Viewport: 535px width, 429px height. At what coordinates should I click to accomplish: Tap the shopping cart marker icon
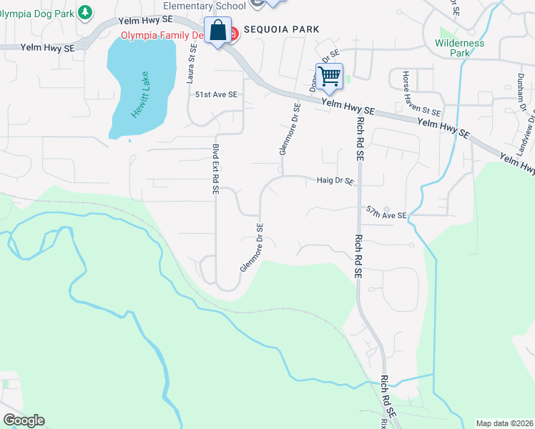pyautogui.click(x=330, y=76)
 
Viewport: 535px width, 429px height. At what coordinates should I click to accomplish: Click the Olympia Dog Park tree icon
pyautogui.click(x=85, y=12)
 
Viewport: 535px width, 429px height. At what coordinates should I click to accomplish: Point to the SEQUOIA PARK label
pyautogui.click(x=281, y=29)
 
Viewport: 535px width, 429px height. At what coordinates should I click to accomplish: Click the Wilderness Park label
pyautogui.click(x=459, y=48)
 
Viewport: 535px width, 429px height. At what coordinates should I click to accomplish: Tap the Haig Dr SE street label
pyautogui.click(x=335, y=182)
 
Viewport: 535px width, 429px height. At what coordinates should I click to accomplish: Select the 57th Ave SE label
pyautogui.click(x=386, y=213)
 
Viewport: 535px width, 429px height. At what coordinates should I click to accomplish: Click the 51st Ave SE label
pyautogui.click(x=216, y=94)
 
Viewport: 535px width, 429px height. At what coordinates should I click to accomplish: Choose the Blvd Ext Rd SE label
pyautogui.click(x=215, y=169)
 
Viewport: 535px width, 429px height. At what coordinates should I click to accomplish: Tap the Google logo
pyautogui.click(x=24, y=420)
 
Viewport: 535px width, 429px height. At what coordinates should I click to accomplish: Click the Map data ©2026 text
pyautogui.click(x=504, y=423)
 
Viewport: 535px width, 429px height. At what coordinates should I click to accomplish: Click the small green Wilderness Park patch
pyautogui.click(x=448, y=33)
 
